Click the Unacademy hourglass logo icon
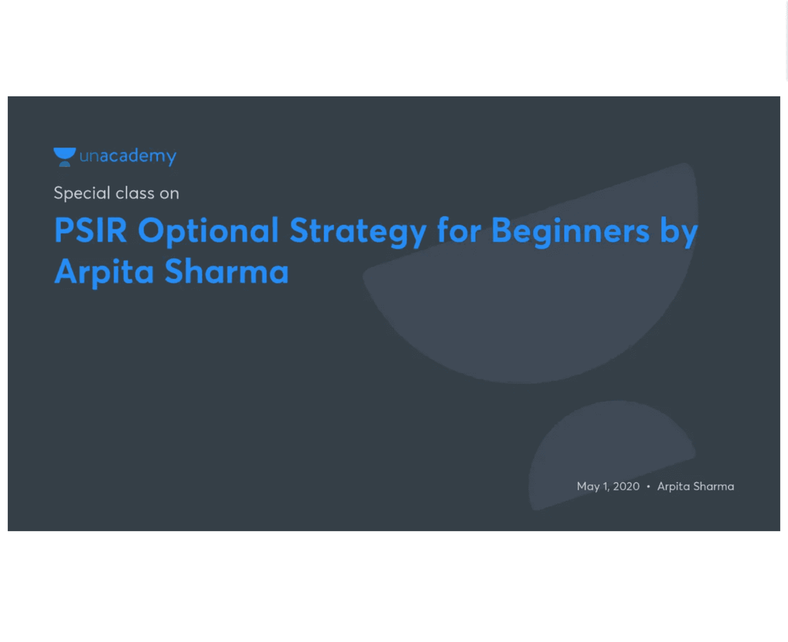coord(64,157)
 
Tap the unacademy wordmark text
coord(128,157)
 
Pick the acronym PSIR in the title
coord(91,230)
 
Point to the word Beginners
coord(570,232)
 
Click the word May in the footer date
coord(588,487)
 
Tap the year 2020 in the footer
coord(626,486)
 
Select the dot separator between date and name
coord(648,486)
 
